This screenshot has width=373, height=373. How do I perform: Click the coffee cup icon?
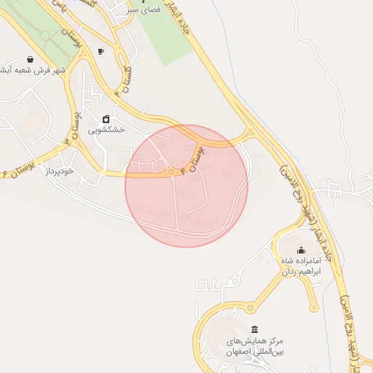[x=101, y=51]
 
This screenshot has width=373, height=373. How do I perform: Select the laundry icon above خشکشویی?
[x=106, y=119]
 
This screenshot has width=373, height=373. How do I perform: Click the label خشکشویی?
[x=106, y=130]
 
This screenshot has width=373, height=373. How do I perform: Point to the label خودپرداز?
[x=60, y=170]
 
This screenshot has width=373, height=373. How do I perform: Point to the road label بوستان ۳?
[x=74, y=128]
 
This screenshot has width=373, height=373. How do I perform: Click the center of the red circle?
[x=186, y=186]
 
